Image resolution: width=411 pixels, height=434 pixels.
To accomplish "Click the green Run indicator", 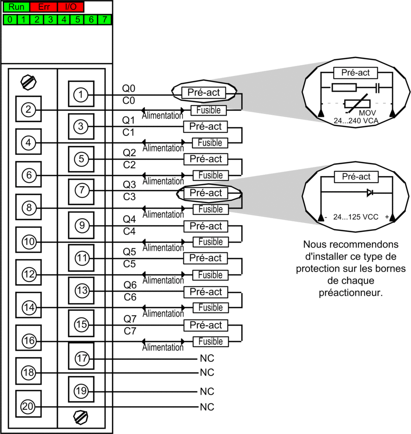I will (16, 8).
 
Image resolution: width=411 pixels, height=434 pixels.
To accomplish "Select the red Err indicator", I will (43, 8).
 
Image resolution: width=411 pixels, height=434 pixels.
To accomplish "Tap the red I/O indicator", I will (71, 8).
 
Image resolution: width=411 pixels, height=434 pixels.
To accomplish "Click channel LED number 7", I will (105, 19).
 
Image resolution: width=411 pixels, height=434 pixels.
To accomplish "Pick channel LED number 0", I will (10, 19).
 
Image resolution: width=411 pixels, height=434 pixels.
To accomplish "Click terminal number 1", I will (81, 94).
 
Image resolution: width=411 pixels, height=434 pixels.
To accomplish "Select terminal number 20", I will (28, 407).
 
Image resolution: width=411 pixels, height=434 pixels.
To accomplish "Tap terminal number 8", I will (28, 208).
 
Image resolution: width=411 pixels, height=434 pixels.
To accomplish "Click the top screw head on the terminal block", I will (28, 82).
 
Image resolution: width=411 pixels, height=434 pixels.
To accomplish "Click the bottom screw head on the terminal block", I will (81, 416).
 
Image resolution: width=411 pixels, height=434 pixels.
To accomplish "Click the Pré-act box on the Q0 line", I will (203, 93).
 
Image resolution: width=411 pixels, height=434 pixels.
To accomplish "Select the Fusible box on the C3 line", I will (210, 209).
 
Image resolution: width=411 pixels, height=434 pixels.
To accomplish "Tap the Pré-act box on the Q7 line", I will (205, 325).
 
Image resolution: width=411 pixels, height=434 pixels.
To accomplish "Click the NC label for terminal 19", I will (207, 391).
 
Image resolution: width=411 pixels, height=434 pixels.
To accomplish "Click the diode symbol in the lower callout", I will (370, 193).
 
